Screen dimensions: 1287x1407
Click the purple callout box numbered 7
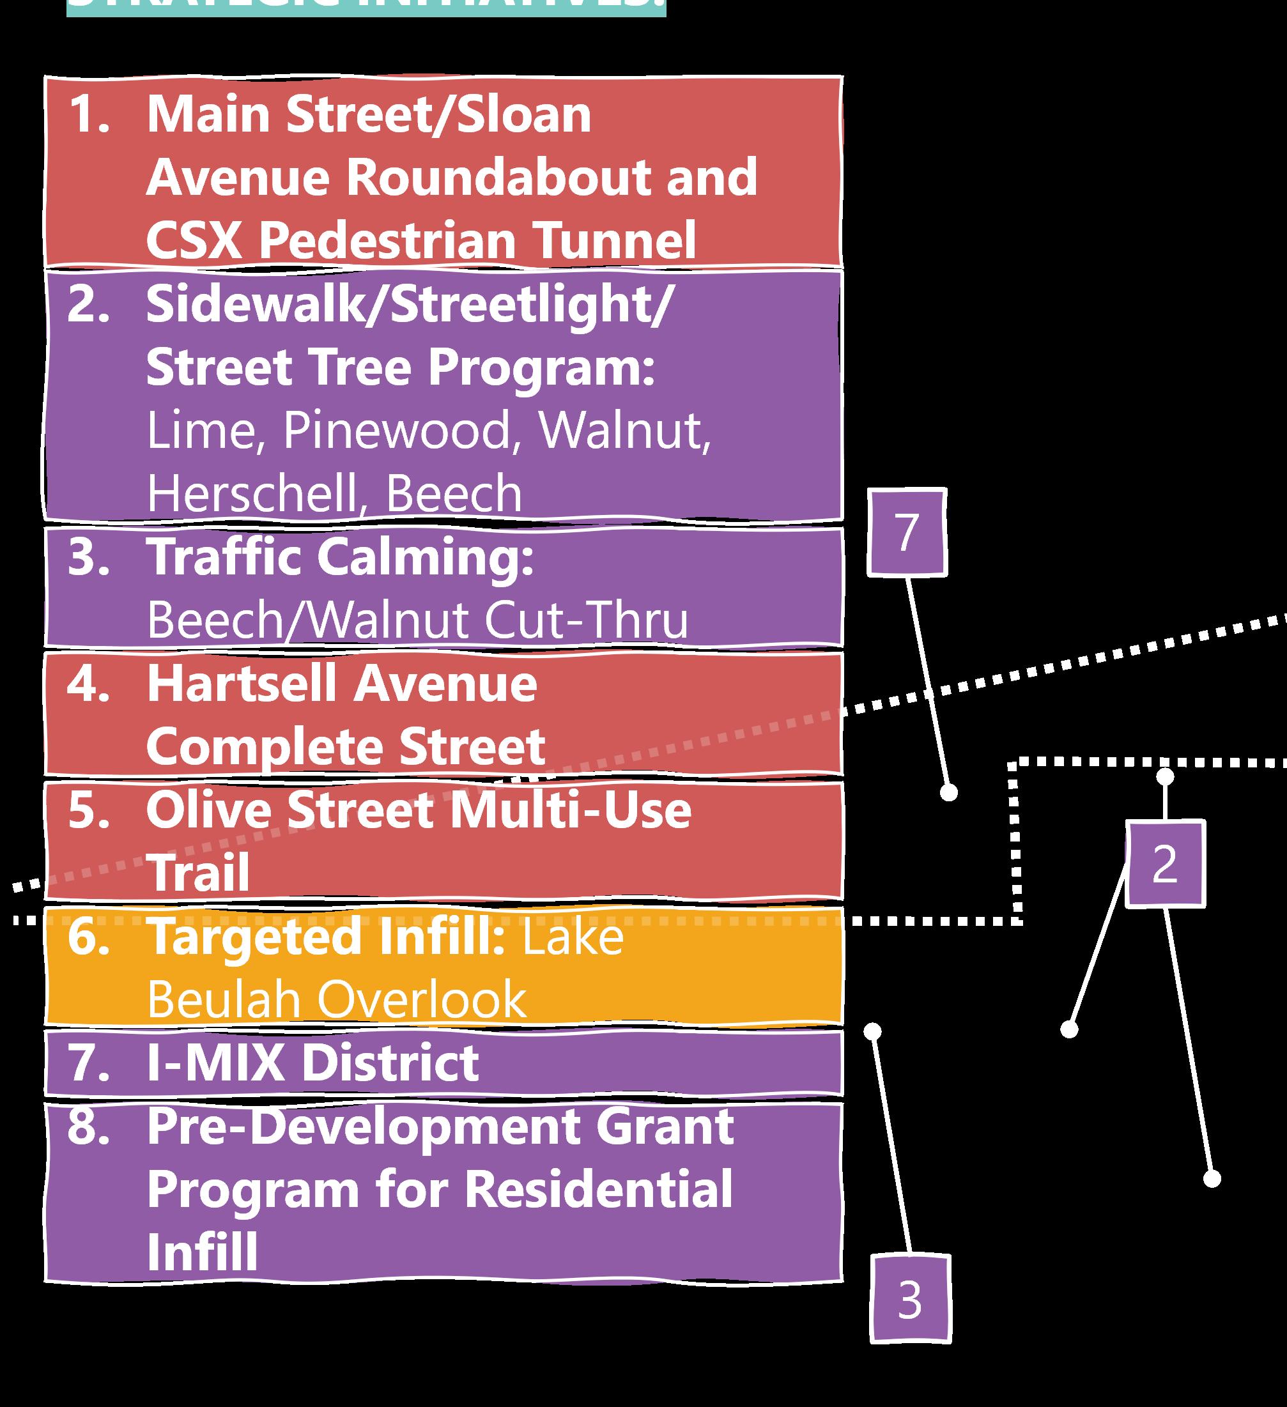pos(907,532)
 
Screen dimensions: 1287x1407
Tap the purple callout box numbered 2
pos(1165,864)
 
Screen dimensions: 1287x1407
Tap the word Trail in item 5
pos(198,873)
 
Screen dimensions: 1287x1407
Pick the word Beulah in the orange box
pos(225,999)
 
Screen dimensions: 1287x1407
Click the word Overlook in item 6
pos(422,999)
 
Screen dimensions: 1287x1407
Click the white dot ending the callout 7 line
pos(948,792)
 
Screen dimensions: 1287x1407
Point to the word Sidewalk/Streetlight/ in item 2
pos(409,305)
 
